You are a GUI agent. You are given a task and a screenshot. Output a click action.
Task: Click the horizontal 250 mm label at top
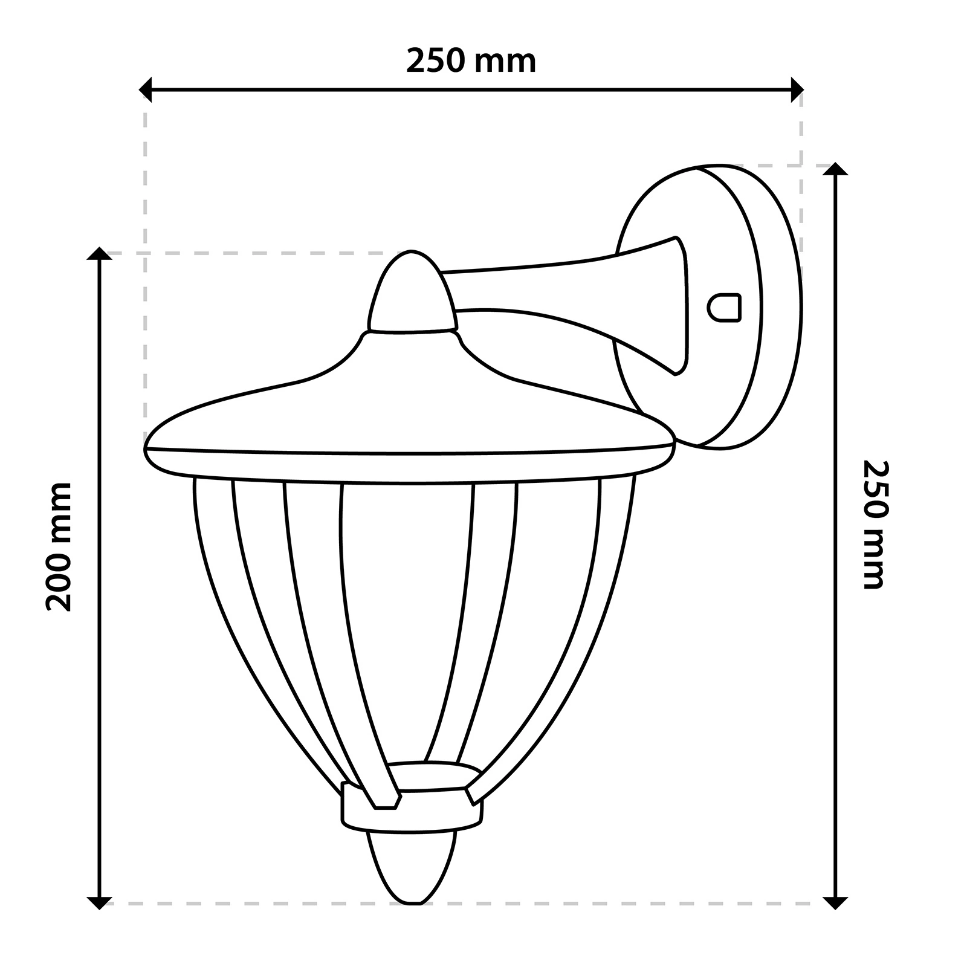click(x=471, y=61)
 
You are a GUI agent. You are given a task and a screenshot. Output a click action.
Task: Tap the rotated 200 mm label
click(x=59, y=546)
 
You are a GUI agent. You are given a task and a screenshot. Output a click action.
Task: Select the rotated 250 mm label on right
click(x=875, y=525)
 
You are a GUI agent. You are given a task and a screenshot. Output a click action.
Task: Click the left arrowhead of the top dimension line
click(x=146, y=90)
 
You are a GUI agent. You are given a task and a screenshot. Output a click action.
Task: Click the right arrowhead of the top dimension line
click(x=797, y=90)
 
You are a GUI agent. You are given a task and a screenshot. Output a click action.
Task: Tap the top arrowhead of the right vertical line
click(x=836, y=169)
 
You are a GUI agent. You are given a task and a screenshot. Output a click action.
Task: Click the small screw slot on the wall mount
click(x=724, y=308)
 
